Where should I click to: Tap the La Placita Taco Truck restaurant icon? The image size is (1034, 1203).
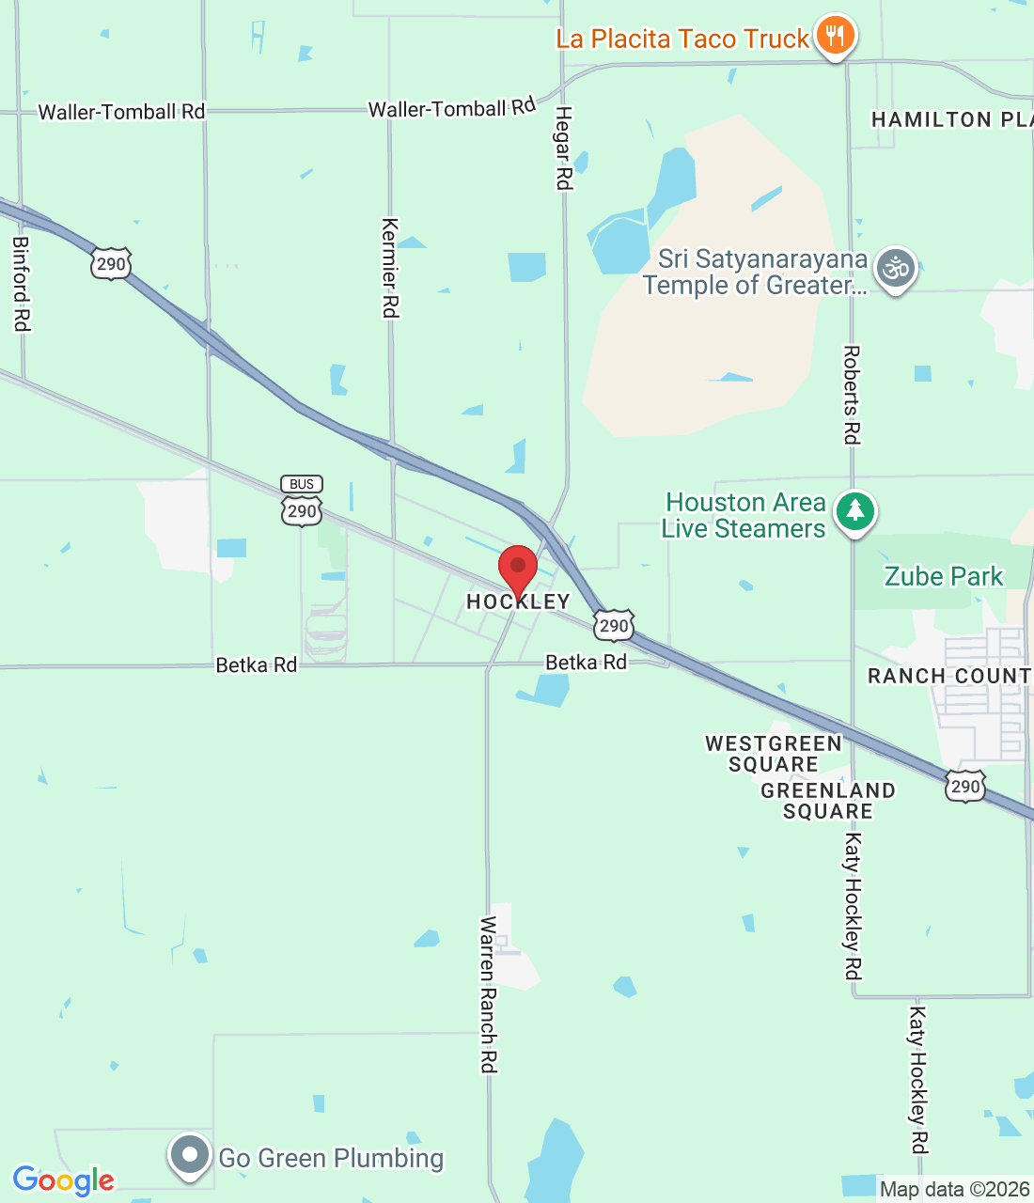click(834, 37)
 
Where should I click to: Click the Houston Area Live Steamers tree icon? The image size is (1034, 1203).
click(854, 512)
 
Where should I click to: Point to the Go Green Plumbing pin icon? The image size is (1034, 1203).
click(189, 1155)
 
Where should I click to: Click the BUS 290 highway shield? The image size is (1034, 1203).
click(302, 501)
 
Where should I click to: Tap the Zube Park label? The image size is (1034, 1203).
click(944, 576)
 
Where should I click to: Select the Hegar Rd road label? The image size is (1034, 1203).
click(563, 148)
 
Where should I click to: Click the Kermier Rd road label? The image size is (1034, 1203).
click(390, 268)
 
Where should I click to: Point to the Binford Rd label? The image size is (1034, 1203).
click(21, 283)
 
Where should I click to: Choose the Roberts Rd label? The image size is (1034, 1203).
click(852, 395)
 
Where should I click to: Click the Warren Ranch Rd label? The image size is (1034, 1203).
click(488, 994)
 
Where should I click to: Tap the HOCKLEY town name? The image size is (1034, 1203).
click(518, 601)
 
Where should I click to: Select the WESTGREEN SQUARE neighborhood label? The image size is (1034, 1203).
click(774, 754)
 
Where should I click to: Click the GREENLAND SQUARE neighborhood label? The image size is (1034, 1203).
click(828, 801)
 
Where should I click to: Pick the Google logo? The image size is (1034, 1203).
click(64, 1180)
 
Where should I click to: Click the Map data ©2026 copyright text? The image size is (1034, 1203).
click(954, 1189)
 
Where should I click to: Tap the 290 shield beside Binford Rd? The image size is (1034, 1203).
click(111, 264)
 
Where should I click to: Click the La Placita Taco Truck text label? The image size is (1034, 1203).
click(682, 39)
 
